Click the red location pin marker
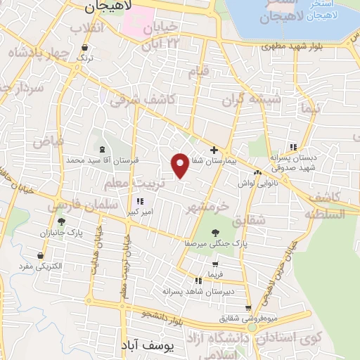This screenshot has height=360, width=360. coord(180,165)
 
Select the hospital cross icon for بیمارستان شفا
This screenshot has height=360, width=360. coord(214,150)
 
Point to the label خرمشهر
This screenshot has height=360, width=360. coord(209,207)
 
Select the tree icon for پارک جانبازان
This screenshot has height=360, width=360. coord(61,221)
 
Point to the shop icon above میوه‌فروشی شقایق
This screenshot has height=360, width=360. coord(247,307)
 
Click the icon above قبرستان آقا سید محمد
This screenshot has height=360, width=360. coord(103,150)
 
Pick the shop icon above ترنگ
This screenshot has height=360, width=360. coord(85,48)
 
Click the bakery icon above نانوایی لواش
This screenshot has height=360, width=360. coord(258,172)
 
